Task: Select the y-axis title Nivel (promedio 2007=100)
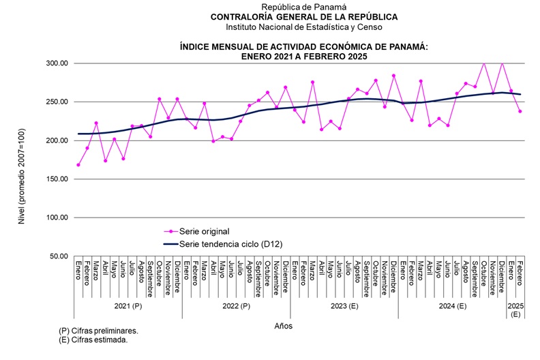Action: pyautogui.click(x=26, y=160)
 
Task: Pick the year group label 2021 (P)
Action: pyautogui.click(x=127, y=307)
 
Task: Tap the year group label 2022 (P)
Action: pyautogui.click(x=236, y=307)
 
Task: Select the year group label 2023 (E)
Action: pyautogui.click(x=344, y=307)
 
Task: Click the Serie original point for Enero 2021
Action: pyautogui.click(x=78, y=165)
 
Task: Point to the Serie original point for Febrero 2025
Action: pyautogui.click(x=520, y=111)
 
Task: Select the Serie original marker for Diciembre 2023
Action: pyautogui.click(x=393, y=76)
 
